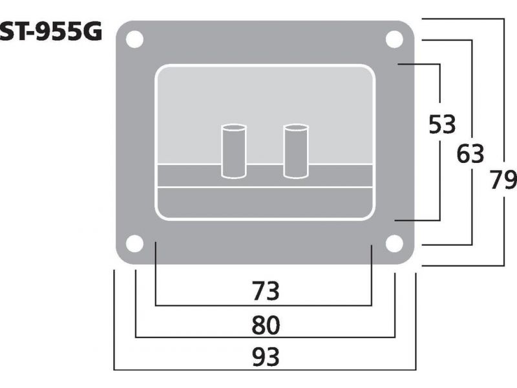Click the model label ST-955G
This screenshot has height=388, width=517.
point(50,32)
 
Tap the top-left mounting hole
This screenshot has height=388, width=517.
point(135,39)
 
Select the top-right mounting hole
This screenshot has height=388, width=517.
point(394,39)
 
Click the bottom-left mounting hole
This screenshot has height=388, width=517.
point(134,244)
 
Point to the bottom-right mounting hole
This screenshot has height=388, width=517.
point(394,244)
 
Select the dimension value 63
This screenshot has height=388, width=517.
point(470,154)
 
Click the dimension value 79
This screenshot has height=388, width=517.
point(503,180)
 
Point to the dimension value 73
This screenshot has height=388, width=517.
point(265,292)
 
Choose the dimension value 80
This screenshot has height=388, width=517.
point(265,325)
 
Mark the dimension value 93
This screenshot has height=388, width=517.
point(265,356)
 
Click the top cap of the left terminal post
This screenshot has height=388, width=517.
point(233,127)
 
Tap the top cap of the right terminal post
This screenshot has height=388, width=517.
point(295,127)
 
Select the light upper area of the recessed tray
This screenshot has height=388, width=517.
point(265,97)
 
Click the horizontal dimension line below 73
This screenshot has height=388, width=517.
point(265,305)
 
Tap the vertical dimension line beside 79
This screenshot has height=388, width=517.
point(503,97)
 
